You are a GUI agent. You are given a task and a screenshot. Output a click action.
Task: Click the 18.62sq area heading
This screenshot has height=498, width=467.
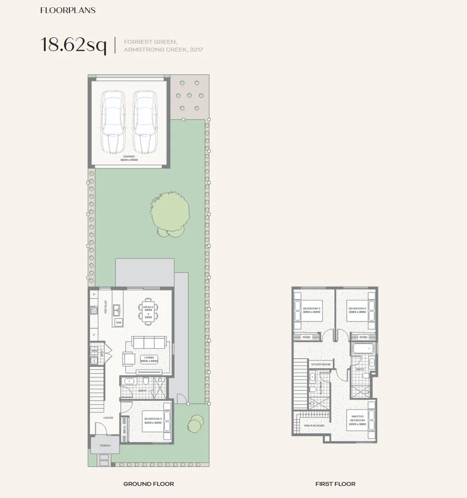coord(74,45)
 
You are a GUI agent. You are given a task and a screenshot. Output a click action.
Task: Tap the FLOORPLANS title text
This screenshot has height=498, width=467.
coord(68,10)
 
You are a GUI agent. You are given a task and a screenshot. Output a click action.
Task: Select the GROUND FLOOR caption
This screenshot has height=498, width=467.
coord(148,483)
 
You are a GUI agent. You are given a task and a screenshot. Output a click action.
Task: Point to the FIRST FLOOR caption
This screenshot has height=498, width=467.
coord(335,483)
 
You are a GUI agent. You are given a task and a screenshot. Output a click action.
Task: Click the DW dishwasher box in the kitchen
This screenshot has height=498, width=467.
coord(119,322)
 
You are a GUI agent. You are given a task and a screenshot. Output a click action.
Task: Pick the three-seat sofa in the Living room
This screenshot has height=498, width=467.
coord(149,343)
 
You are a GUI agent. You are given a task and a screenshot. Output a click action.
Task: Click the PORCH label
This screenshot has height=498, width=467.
coord(105,445)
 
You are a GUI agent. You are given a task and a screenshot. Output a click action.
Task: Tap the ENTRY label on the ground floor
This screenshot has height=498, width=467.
coord(108,418)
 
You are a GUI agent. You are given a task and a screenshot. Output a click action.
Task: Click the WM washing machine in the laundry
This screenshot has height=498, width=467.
coord(94,351)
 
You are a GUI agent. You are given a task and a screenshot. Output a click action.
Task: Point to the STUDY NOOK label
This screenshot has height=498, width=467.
coord(320,364)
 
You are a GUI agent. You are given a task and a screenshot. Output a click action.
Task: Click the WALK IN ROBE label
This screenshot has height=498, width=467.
coord(314,424)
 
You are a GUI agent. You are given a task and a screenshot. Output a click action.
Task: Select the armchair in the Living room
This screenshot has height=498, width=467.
coord(129,359)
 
